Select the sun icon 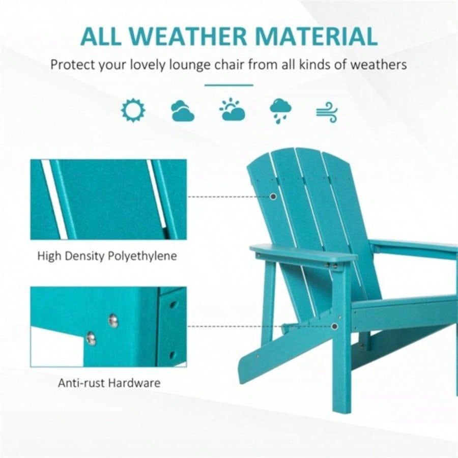pyautogui.click(x=133, y=110)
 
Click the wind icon pyautogui.click(x=327, y=112)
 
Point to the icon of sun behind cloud pyautogui.click(x=232, y=109)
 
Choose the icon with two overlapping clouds pyautogui.click(x=182, y=111)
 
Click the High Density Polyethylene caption pyautogui.click(x=107, y=255)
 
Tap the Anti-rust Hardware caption pyautogui.click(x=108, y=383)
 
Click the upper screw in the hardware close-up pyautogui.click(x=113, y=320)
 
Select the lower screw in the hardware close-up pyautogui.click(x=91, y=338)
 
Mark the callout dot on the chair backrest pyautogui.click(x=273, y=196)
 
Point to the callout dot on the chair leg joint pyautogui.click(x=334, y=326)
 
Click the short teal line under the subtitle pyautogui.click(x=229, y=85)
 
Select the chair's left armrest pyautogui.click(x=300, y=253)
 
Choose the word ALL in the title pyautogui.click(x=104, y=36)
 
